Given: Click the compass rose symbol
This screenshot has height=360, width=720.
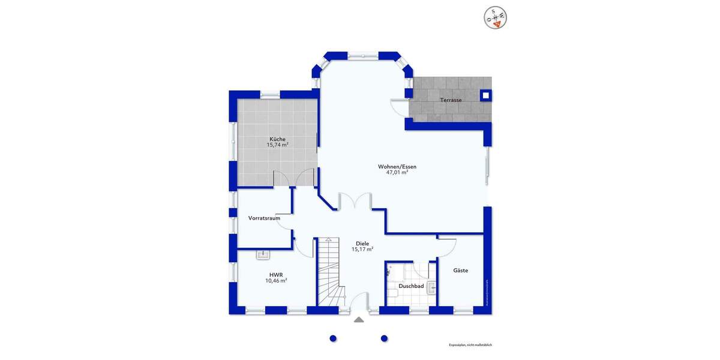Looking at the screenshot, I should [496, 17].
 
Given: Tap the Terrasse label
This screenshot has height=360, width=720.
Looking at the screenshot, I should [451, 100].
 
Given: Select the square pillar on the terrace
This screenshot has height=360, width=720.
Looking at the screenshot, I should [485, 95].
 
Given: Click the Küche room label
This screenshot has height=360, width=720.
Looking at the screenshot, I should [277, 139].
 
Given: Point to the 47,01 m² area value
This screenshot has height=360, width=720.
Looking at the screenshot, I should [397, 172].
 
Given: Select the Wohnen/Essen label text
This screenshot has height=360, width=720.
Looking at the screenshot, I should [397, 166].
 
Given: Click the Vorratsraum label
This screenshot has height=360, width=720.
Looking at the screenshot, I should [264, 218].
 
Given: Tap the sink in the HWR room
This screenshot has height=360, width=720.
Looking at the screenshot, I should [263, 254].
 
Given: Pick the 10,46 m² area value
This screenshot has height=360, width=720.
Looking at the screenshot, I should [276, 280].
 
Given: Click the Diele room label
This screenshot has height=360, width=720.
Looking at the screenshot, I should [362, 244].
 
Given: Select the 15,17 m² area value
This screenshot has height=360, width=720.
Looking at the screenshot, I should [362, 249].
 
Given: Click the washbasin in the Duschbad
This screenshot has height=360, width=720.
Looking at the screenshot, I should [432, 287].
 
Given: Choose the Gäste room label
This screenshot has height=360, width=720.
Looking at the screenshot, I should [460, 271].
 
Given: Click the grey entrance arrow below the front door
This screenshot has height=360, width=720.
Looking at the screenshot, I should [359, 320].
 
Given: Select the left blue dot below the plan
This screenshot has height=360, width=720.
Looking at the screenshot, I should [333, 338].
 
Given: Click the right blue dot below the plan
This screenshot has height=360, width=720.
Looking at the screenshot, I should [384, 338].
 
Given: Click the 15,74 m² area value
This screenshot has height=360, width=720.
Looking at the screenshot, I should [277, 145].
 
